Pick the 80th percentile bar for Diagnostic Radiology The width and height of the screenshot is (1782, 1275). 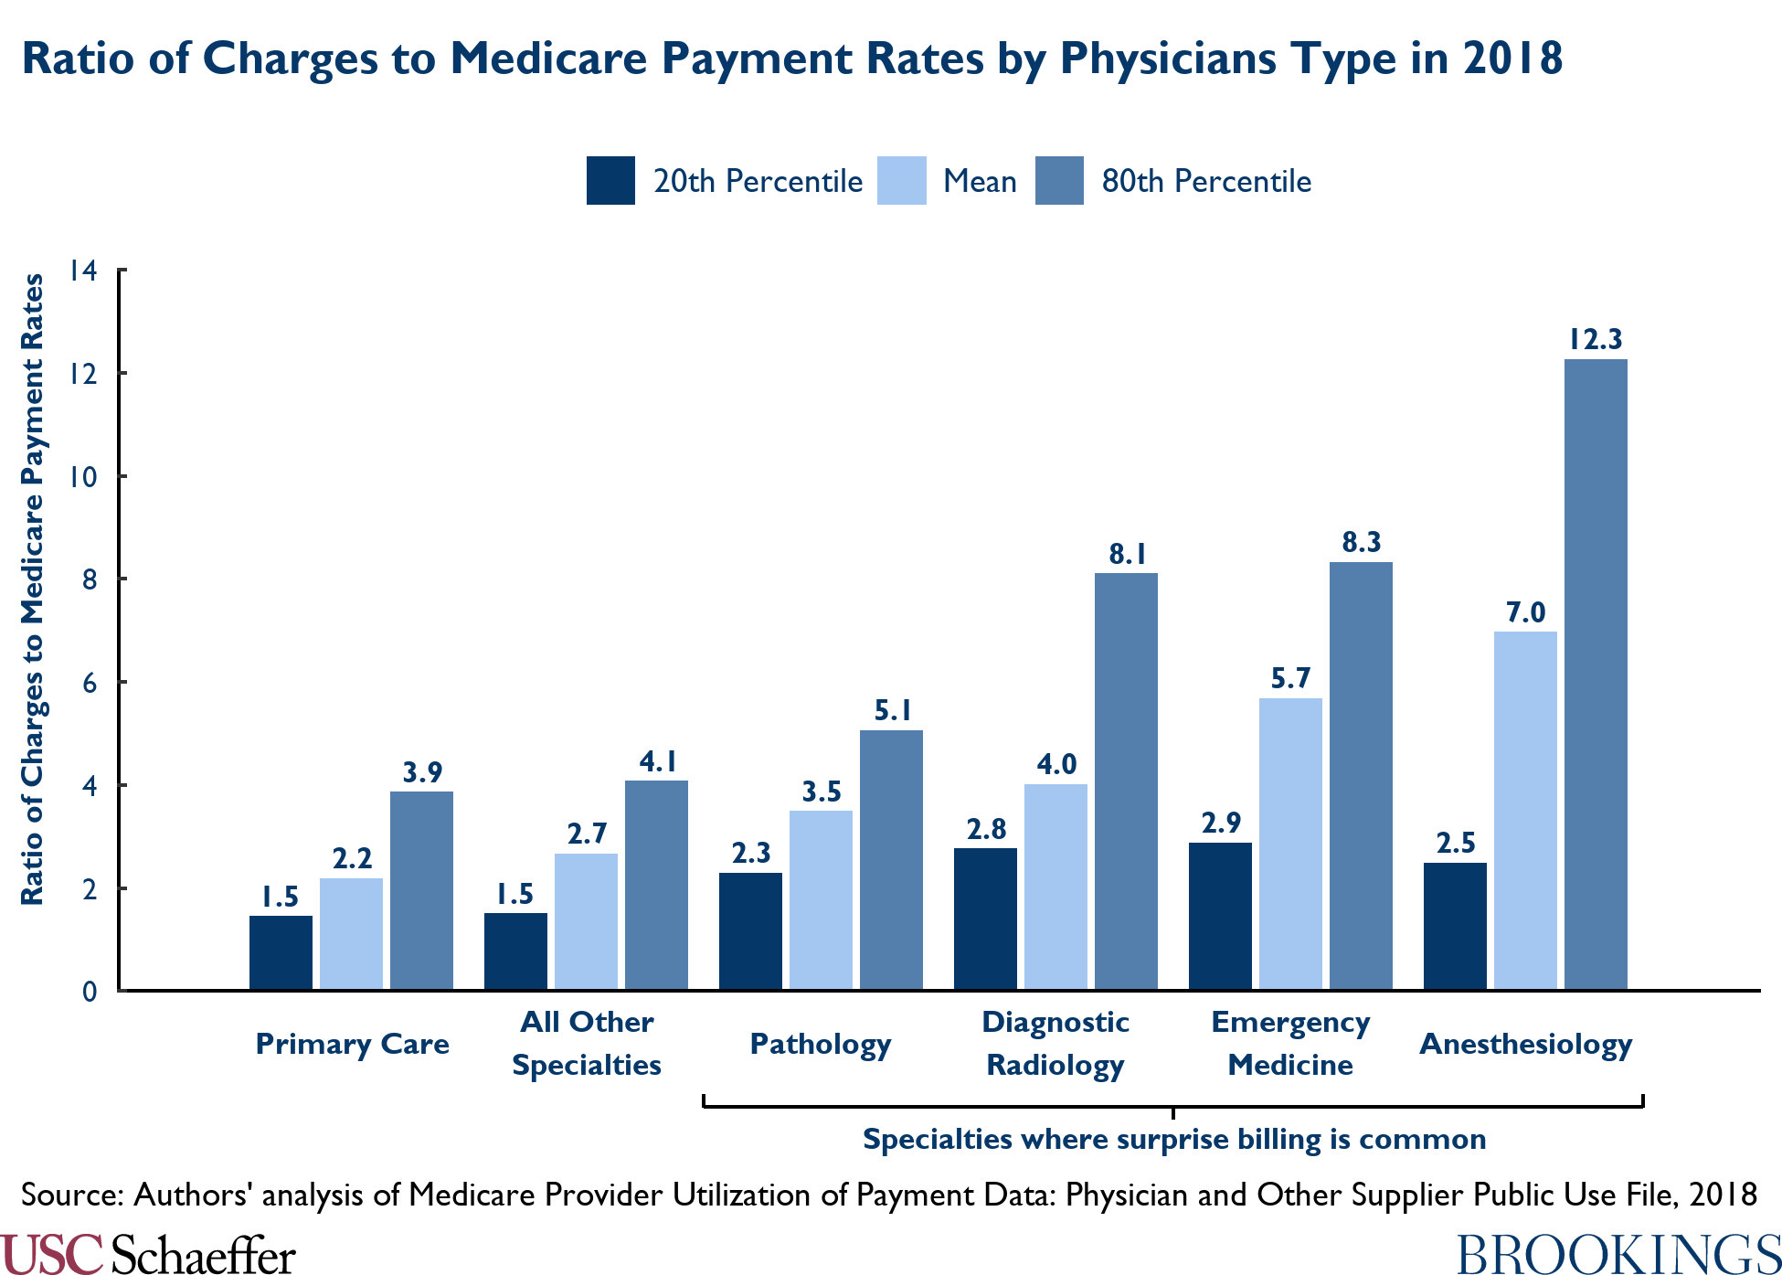tap(1126, 781)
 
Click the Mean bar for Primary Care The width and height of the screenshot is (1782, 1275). tap(351, 933)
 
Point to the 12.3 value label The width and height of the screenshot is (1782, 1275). tap(1596, 340)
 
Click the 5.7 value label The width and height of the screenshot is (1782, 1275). tap(1290, 678)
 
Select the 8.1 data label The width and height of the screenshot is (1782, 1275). tap(1127, 554)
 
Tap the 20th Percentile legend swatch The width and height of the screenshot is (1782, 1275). tap(610, 181)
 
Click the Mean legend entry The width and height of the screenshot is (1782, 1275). tap(980, 181)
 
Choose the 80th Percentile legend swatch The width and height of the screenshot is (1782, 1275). tap(1059, 181)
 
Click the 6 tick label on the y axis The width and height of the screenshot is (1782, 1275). tap(89, 683)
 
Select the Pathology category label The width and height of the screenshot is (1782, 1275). tap(820, 1044)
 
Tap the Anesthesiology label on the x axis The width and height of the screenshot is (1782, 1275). tap(1525, 1044)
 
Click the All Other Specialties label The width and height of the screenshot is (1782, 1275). tap(587, 1043)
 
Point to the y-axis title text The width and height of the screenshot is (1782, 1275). tap(33, 590)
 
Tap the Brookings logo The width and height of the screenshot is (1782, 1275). tap(1618, 1254)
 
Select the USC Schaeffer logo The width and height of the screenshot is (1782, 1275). tap(148, 1254)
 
